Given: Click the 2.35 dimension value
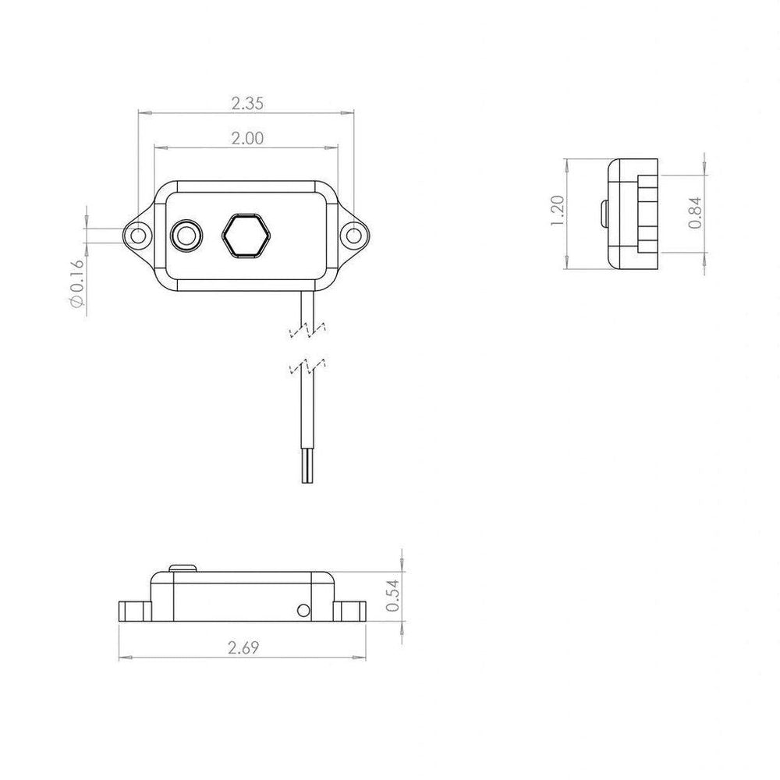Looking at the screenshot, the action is [247, 104].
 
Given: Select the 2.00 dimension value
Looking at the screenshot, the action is [247, 138].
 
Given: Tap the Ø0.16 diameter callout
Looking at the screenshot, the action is [76, 283].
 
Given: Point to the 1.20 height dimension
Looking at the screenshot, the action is [558, 211].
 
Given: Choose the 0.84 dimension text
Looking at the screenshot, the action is [695, 213].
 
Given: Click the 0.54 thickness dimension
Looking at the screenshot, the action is [392, 595].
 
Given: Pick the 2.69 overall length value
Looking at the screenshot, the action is [243, 647].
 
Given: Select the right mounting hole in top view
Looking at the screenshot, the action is [353, 236].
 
